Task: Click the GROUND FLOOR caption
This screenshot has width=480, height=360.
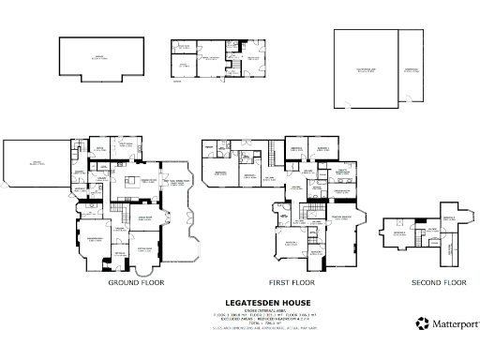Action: pos(137,282)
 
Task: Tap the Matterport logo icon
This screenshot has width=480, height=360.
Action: pos(423,324)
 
